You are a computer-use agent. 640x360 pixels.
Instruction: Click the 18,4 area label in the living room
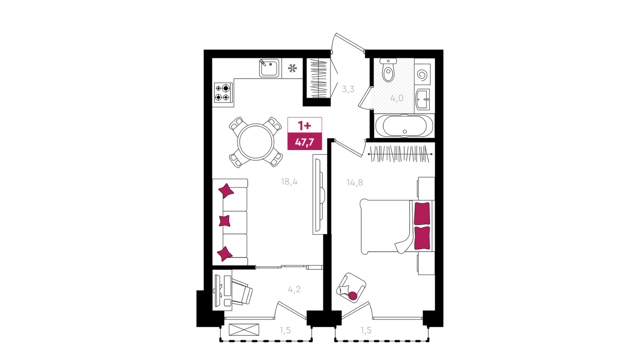pyautogui.click(x=289, y=182)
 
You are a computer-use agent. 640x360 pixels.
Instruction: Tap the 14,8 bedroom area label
pyautogui.click(x=355, y=183)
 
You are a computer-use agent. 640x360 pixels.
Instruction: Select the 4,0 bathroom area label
pyautogui.click(x=397, y=98)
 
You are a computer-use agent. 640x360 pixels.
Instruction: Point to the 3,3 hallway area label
pyautogui.click(x=348, y=89)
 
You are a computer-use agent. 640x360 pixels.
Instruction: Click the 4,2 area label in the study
pyautogui.click(x=294, y=289)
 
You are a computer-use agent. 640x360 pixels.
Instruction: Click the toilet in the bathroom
pyautogui.click(x=388, y=70)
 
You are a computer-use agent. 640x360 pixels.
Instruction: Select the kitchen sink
pyautogui.click(x=269, y=68)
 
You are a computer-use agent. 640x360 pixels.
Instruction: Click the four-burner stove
pyautogui.click(x=223, y=93)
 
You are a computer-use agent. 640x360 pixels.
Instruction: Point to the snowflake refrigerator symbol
pyautogui.click(x=292, y=69)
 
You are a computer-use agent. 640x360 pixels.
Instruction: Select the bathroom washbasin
pyautogui.click(x=423, y=99)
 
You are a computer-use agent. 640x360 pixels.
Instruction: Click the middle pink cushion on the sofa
pyautogui.click(x=225, y=221)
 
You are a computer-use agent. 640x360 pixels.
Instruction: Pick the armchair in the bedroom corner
pyautogui.click(x=351, y=288)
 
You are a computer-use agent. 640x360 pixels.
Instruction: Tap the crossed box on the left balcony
pyautogui.click(x=244, y=330)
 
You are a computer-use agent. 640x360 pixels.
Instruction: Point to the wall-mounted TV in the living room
pyautogui.click(x=320, y=194)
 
